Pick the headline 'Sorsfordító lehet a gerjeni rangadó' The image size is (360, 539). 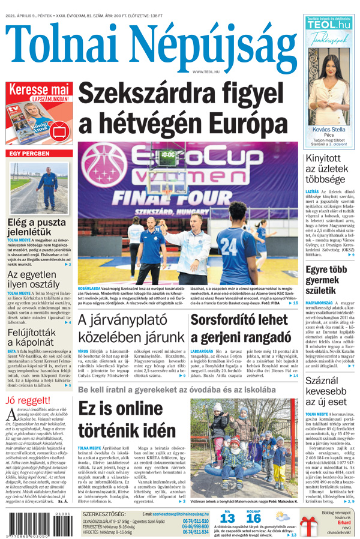tap(240, 328)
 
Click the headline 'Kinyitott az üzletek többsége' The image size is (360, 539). tap(327, 169)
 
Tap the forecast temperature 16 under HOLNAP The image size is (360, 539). tap(253, 518)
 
